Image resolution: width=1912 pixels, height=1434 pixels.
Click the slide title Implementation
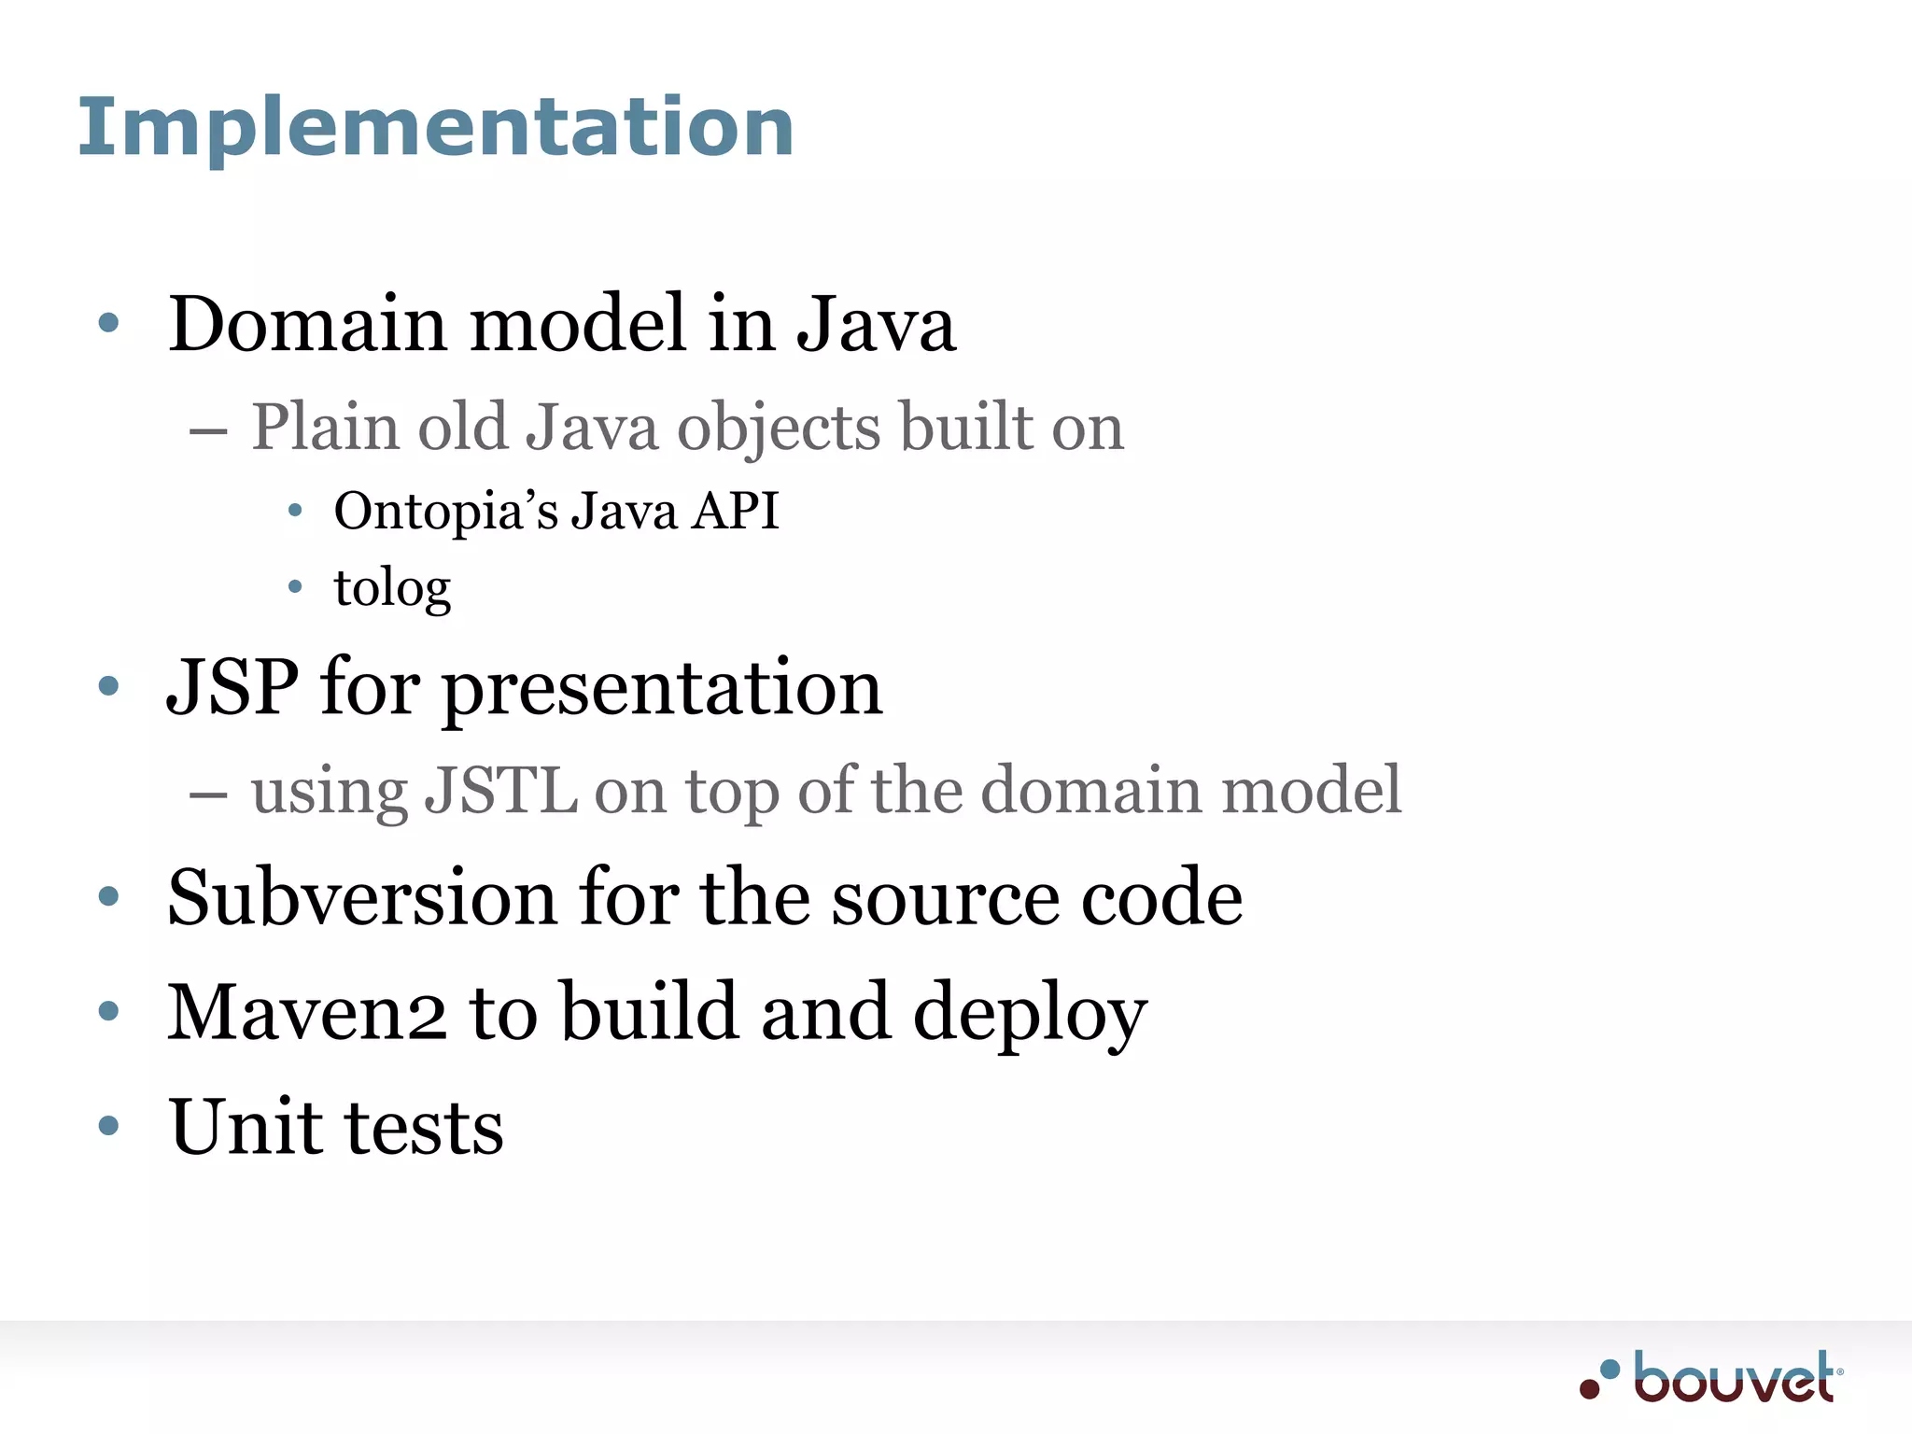click(x=435, y=127)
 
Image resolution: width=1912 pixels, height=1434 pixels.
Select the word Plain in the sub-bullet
click(x=326, y=428)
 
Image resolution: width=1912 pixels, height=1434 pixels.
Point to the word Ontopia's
click(x=445, y=512)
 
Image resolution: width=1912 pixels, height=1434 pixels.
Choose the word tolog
click(x=392, y=588)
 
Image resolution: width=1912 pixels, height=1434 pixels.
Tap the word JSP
click(x=232, y=687)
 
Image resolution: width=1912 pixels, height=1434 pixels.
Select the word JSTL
click(x=500, y=790)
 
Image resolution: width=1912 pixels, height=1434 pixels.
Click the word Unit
click(x=245, y=1127)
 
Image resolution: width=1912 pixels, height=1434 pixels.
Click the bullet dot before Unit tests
click(x=108, y=1126)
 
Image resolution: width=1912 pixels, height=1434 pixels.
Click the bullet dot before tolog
click(x=295, y=587)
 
